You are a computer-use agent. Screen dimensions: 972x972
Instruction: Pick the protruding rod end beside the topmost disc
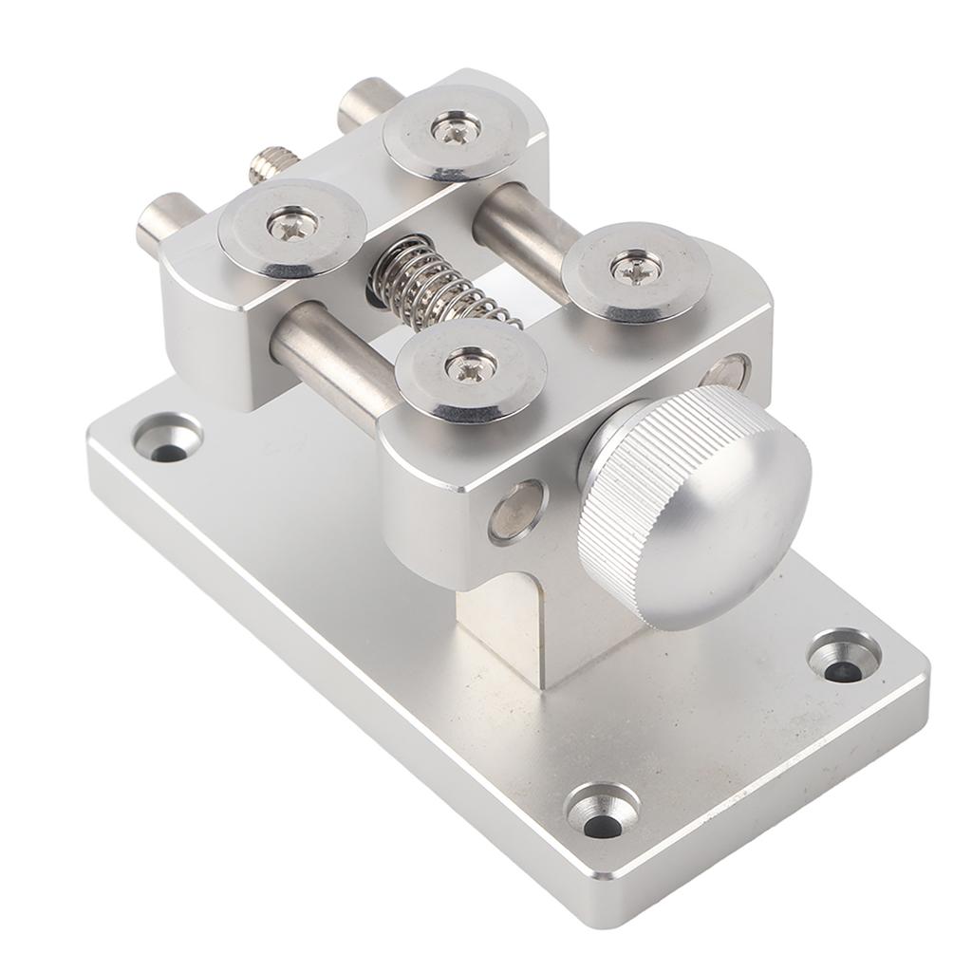[366, 103]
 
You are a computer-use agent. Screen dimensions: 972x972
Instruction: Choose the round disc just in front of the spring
[472, 364]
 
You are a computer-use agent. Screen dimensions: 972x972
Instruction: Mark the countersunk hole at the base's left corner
[167, 439]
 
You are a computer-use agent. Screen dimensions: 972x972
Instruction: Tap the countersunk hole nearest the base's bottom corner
[601, 812]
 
